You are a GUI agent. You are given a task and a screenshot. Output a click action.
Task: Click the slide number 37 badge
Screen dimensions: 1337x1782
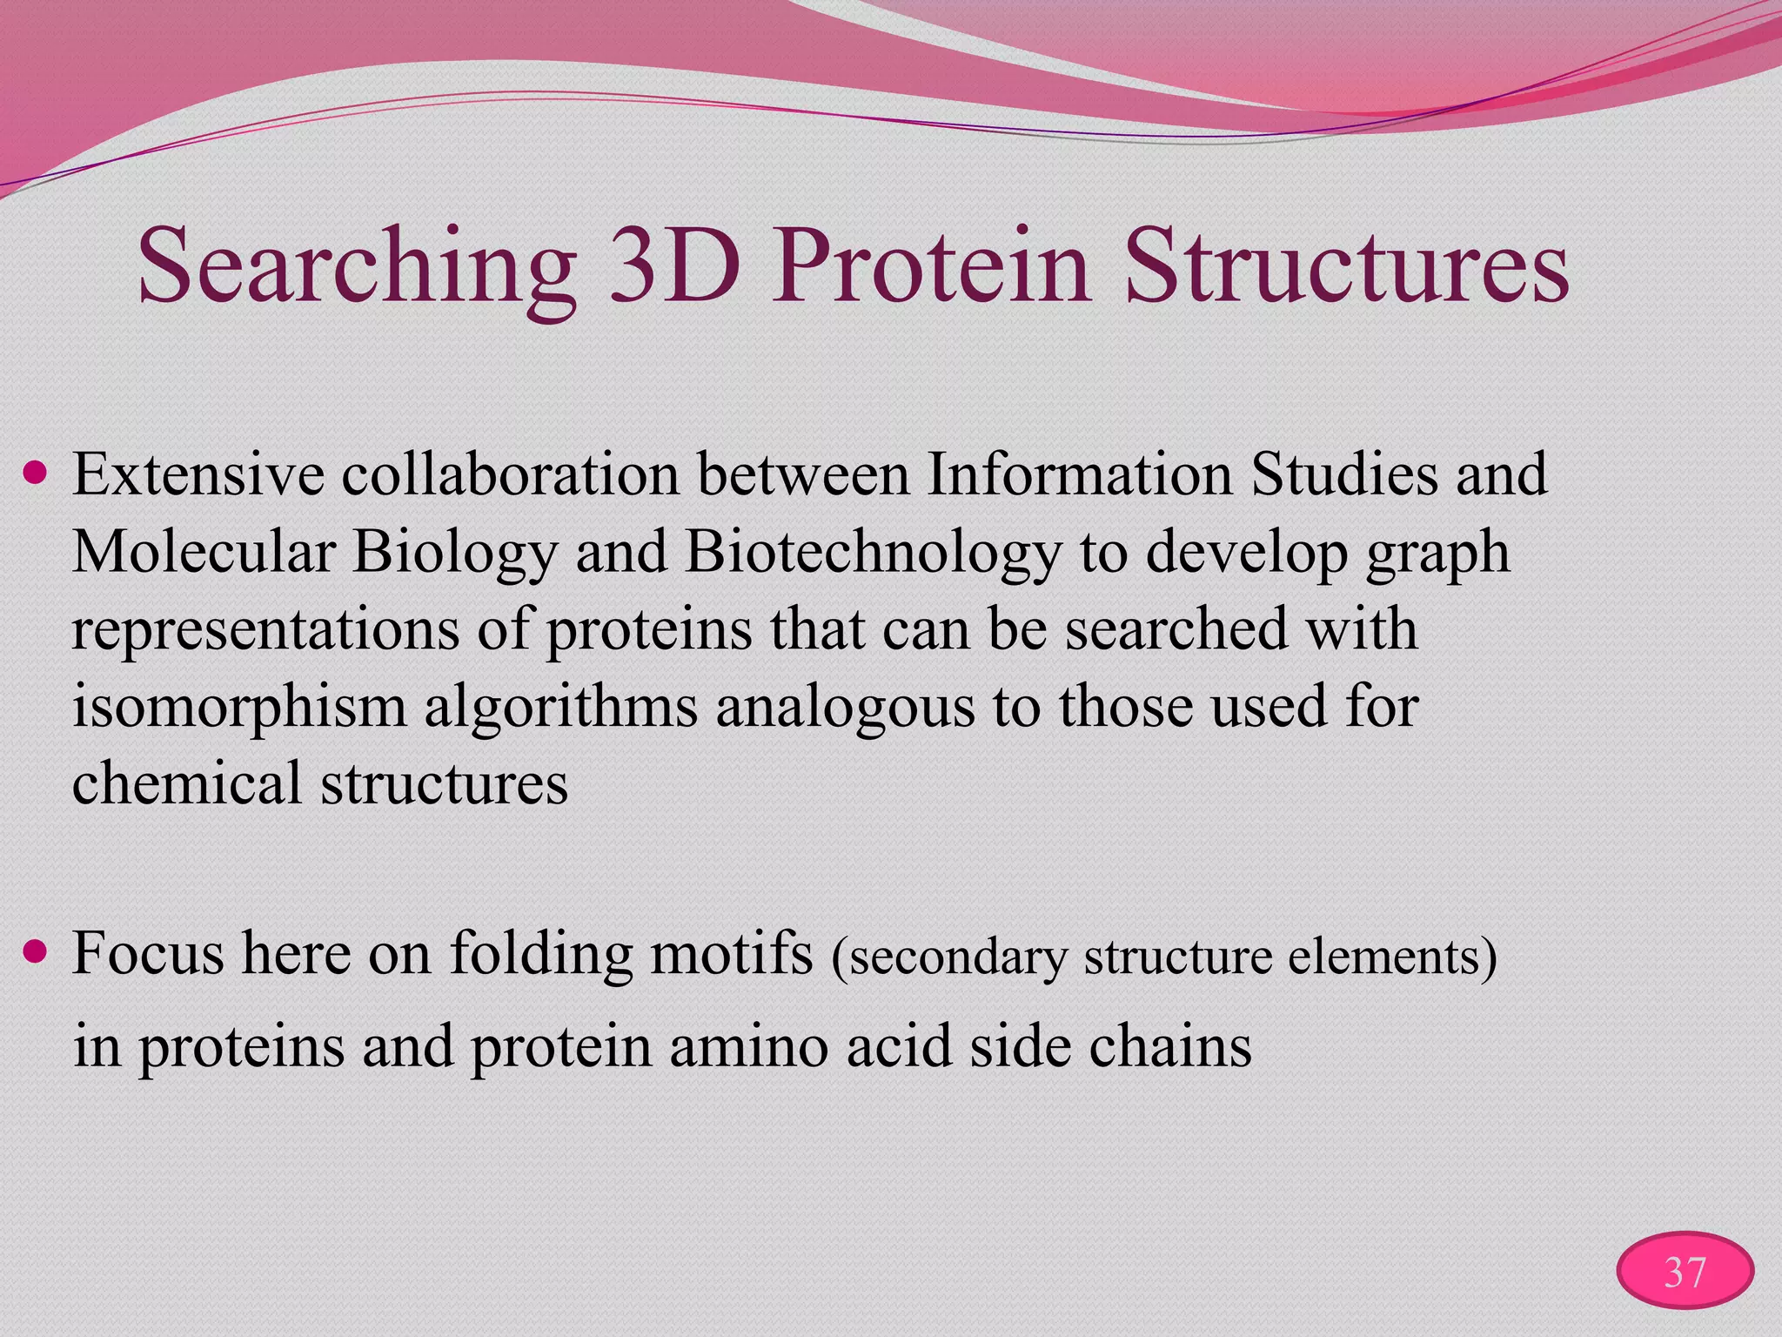point(1685,1272)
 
